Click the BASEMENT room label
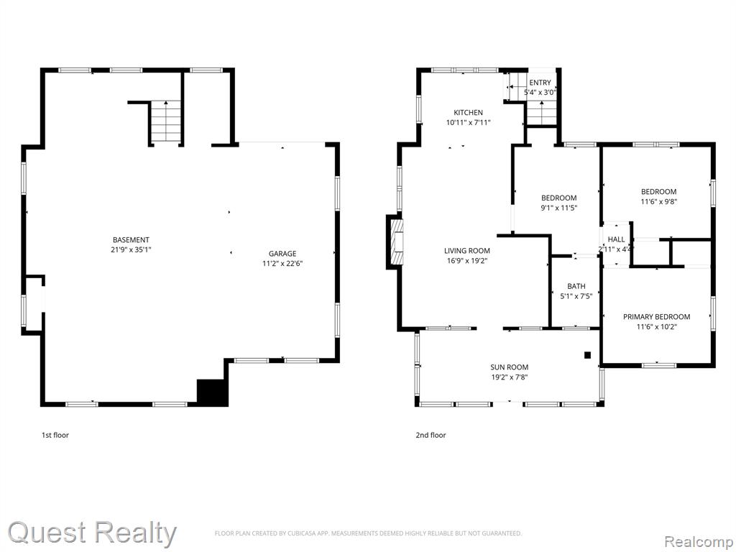(131, 240)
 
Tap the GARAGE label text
(282, 254)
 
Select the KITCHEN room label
(468, 113)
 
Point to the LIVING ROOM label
(467, 251)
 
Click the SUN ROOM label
(510, 367)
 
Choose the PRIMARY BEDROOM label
(657, 317)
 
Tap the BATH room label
(576, 286)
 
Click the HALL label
(616, 239)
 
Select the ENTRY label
(540, 83)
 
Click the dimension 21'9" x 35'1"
(131, 249)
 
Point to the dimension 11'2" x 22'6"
(282, 264)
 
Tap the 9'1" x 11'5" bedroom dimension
(558, 208)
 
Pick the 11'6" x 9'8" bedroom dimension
(659, 201)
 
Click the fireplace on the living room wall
(395, 242)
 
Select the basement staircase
(166, 121)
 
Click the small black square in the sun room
(587, 355)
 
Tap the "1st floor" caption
(55, 435)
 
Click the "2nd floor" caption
(431, 435)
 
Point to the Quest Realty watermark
(92, 533)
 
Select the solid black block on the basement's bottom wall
(213, 392)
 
